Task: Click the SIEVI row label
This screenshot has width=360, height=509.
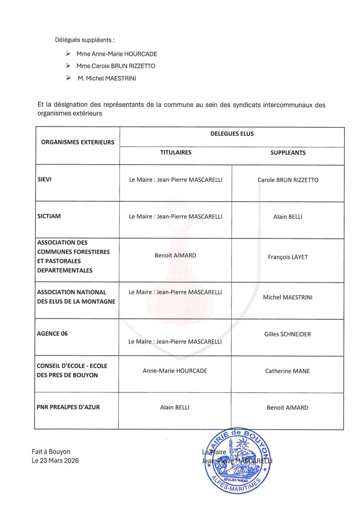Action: [x=45, y=179]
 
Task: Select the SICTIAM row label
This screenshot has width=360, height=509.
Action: [x=49, y=216]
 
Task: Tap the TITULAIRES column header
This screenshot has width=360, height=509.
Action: [x=176, y=152]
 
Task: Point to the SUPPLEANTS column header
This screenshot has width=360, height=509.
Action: [x=288, y=153]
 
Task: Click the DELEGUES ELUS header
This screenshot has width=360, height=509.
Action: [x=232, y=134]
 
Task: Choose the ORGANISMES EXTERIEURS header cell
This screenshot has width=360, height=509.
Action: [x=78, y=142]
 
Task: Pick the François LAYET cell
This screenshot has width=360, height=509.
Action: [x=287, y=257]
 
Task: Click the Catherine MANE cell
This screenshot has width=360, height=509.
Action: [x=287, y=371]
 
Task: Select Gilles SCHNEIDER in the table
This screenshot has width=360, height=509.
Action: [x=287, y=334]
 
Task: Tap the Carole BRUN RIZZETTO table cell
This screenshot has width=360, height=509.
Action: [x=288, y=180]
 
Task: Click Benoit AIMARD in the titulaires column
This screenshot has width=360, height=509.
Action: [x=175, y=255]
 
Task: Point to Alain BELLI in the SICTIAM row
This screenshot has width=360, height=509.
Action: [x=288, y=217]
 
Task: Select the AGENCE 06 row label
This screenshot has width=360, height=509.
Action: [x=53, y=333]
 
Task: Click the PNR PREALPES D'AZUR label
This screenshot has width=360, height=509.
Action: [x=69, y=407]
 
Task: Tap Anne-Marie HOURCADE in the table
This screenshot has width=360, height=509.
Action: [x=175, y=371]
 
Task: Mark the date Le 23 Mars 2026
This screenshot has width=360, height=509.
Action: [x=55, y=461]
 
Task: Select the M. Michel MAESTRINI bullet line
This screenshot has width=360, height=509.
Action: [x=106, y=78]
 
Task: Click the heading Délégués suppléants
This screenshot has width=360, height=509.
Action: [x=84, y=40]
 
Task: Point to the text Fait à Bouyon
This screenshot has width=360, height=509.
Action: [x=51, y=452]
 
